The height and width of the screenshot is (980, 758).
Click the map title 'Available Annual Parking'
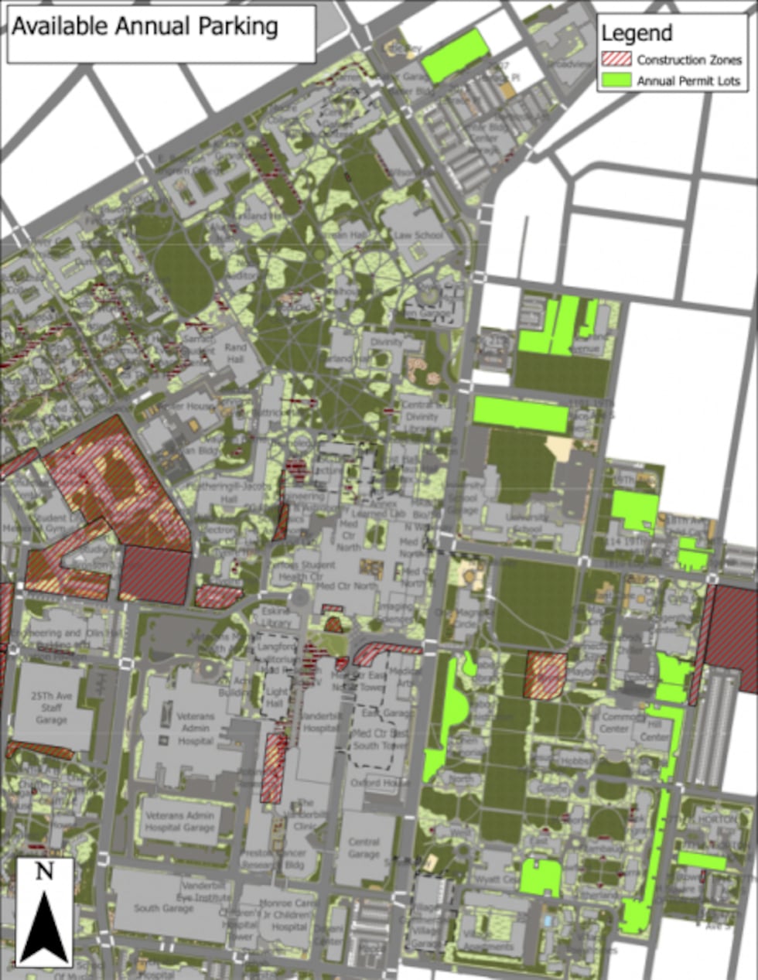145,26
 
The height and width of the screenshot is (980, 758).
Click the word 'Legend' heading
636,33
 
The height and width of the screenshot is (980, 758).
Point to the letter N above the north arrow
45,872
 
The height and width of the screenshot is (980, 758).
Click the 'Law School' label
418,235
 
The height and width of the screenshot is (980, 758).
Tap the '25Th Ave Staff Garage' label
52,708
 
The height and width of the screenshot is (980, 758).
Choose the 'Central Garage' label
364,848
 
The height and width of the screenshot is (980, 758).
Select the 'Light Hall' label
277,698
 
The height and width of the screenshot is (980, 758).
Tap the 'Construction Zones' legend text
689,60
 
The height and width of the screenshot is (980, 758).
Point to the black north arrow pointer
44,924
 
